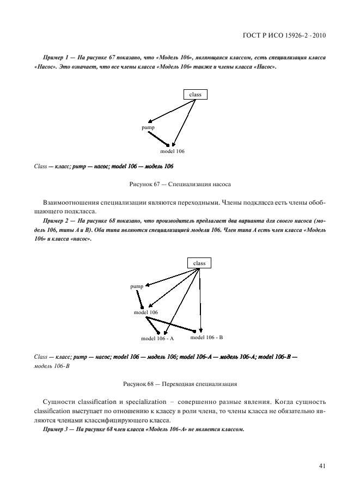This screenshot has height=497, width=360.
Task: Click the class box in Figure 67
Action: click(x=195, y=95)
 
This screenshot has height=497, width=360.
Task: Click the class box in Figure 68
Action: click(x=199, y=263)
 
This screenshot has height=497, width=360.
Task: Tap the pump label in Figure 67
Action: click(x=148, y=127)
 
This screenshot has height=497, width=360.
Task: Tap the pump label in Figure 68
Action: click(x=137, y=286)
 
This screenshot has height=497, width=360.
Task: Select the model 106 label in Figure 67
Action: click(x=173, y=151)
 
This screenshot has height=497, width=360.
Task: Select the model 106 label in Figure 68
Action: click(x=146, y=312)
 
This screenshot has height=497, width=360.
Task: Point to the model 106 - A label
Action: click(x=157, y=338)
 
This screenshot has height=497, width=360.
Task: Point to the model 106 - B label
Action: click(x=206, y=338)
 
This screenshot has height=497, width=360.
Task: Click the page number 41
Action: click(x=322, y=465)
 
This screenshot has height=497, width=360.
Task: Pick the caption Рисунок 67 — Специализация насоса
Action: click(x=180, y=185)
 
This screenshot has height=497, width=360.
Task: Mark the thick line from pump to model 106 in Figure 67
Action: click(x=157, y=138)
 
